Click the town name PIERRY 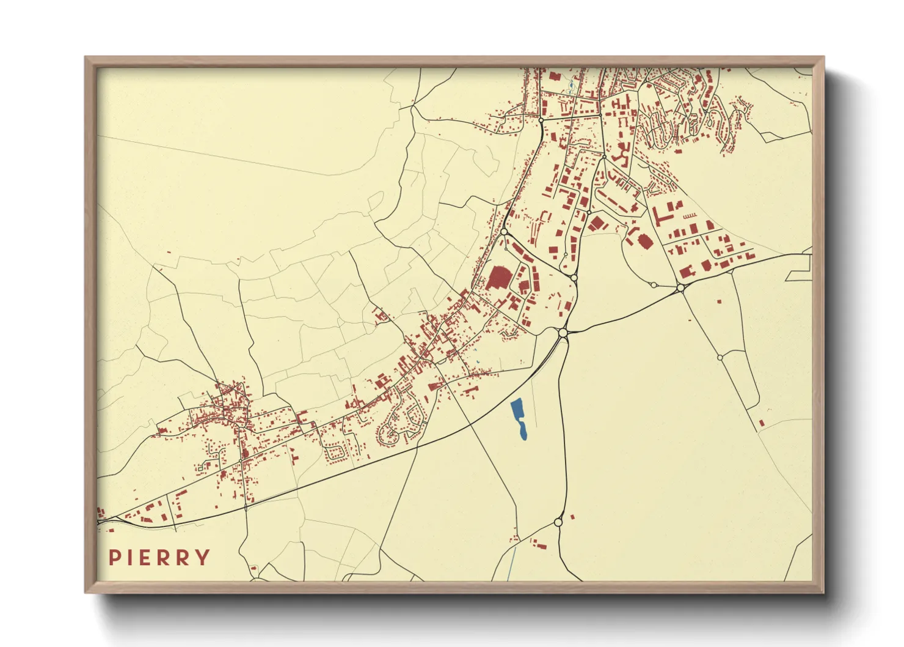159,557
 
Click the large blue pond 519,418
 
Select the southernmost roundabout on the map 558,522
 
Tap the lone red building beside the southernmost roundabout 572,517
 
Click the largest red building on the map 498,278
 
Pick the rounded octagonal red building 645,242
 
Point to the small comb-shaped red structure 690,216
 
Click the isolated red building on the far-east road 761,423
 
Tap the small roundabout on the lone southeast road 720,357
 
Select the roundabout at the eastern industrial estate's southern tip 680,287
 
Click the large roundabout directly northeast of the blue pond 563,333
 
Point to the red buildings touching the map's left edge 101,512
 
